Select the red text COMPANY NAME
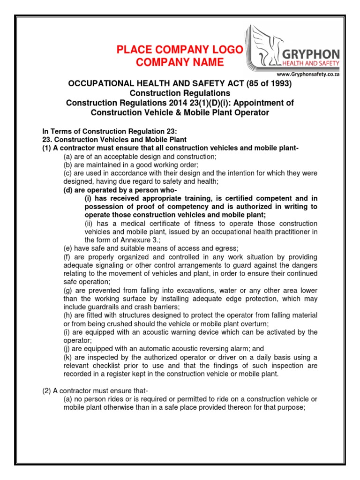tap(180, 63)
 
